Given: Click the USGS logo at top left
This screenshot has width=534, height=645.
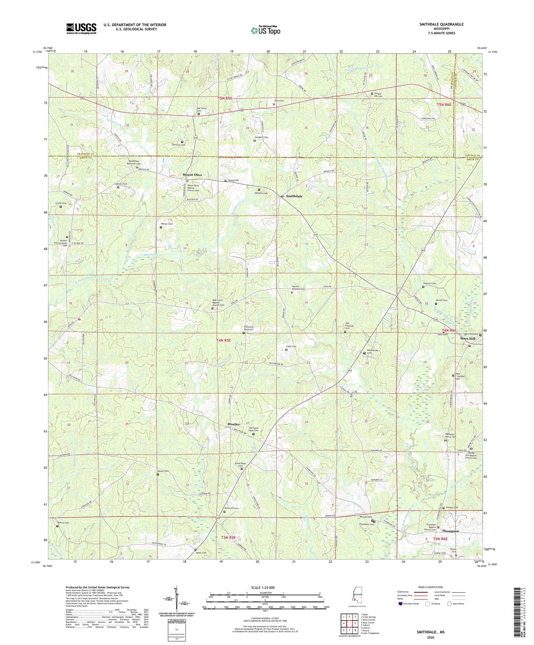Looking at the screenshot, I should tap(81, 28).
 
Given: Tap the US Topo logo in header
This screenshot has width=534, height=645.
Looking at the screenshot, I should tap(265, 30).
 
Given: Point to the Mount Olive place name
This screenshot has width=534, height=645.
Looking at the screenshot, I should tap(192, 175).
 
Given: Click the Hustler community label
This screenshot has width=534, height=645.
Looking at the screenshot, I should tap(234, 424).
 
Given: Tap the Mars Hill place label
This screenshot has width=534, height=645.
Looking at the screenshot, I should tap(467, 338).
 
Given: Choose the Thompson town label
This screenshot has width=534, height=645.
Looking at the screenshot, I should tap(450, 531).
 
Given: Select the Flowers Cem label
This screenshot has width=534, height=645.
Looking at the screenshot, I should tap(429, 283).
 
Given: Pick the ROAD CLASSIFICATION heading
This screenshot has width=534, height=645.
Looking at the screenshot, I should tap(431, 587).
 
